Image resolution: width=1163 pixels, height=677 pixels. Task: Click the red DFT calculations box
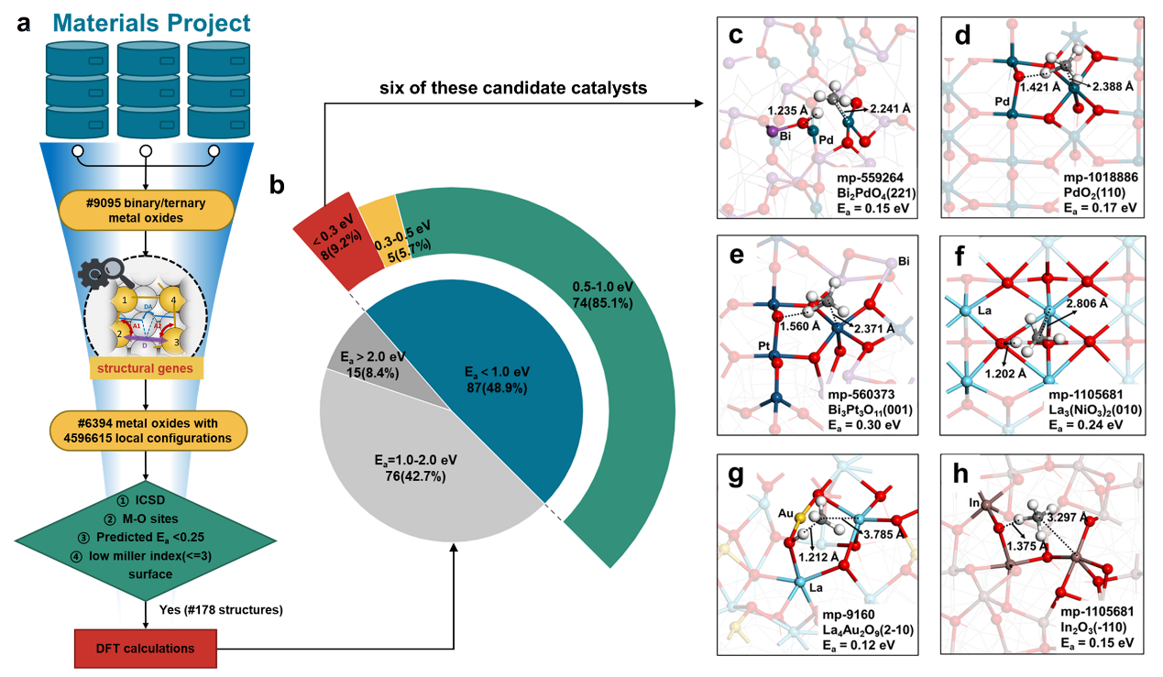tap(148, 649)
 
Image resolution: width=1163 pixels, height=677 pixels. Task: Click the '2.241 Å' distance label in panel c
tap(891, 108)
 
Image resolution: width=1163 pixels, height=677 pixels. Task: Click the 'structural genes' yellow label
tap(147, 370)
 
